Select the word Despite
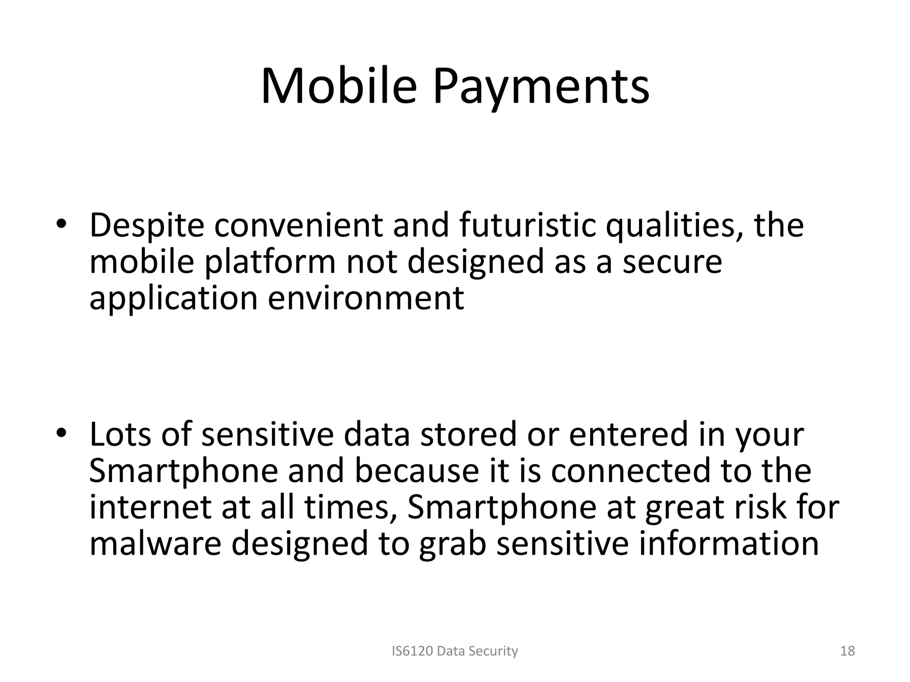click(147, 226)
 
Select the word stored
click(468, 434)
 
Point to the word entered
click(628, 434)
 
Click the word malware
click(155, 543)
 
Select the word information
click(728, 543)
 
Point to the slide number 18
click(848, 651)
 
